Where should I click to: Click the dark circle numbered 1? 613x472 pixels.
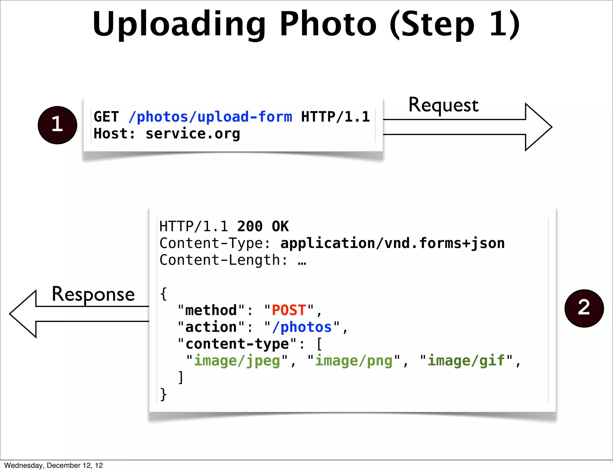pyautogui.click(x=57, y=125)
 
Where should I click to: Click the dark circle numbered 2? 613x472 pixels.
pyautogui.click(x=584, y=308)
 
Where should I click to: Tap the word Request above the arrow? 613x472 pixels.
pyautogui.click(x=444, y=105)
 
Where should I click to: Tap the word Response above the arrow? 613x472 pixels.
pyautogui.click(x=93, y=294)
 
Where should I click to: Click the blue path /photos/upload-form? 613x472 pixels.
pyautogui.click(x=210, y=117)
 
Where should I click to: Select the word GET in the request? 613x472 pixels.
pyautogui.click(x=106, y=117)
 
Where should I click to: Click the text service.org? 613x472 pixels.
pyautogui.click(x=193, y=134)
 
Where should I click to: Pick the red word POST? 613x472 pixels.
pyautogui.click(x=289, y=310)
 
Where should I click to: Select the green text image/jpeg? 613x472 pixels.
pyautogui.click(x=237, y=361)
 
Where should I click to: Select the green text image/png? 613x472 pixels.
pyautogui.click(x=353, y=361)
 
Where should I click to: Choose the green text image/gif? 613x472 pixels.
pyautogui.click(x=466, y=361)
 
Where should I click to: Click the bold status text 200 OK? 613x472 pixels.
pyautogui.click(x=263, y=226)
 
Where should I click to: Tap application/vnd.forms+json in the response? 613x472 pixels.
pyautogui.click(x=392, y=243)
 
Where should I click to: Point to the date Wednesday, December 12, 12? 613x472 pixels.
pyautogui.click(x=54, y=465)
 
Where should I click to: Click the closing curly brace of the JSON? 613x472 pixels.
pyautogui.click(x=163, y=394)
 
